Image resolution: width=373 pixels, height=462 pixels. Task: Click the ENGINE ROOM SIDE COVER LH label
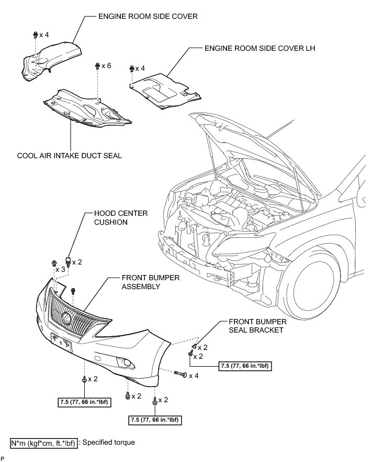tap(259, 49)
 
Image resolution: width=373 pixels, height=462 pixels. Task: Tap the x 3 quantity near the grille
tap(60, 269)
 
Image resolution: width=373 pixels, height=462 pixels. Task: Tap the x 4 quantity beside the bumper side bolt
tap(194, 375)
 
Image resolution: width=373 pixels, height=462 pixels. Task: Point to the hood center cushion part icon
tap(67, 261)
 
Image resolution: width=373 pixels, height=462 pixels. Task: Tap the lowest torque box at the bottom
tap(155, 420)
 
